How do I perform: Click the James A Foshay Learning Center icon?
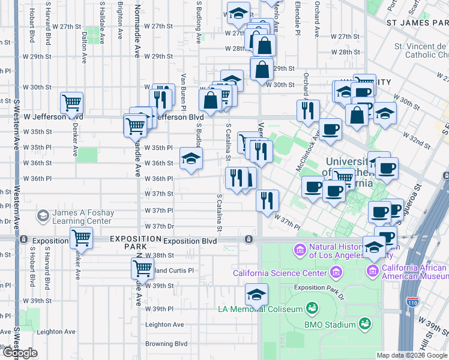point(43,215)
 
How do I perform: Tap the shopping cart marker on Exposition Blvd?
point(81,238)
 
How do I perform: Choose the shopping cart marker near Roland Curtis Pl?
point(142,268)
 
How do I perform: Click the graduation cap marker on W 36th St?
point(191,159)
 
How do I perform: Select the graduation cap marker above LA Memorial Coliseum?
point(256,295)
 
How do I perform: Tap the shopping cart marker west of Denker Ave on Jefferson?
point(71,103)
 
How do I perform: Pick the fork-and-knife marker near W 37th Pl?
point(267,200)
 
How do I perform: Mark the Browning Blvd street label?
point(166,344)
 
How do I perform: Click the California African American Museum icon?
point(373,272)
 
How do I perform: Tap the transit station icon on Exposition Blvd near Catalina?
point(248,239)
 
